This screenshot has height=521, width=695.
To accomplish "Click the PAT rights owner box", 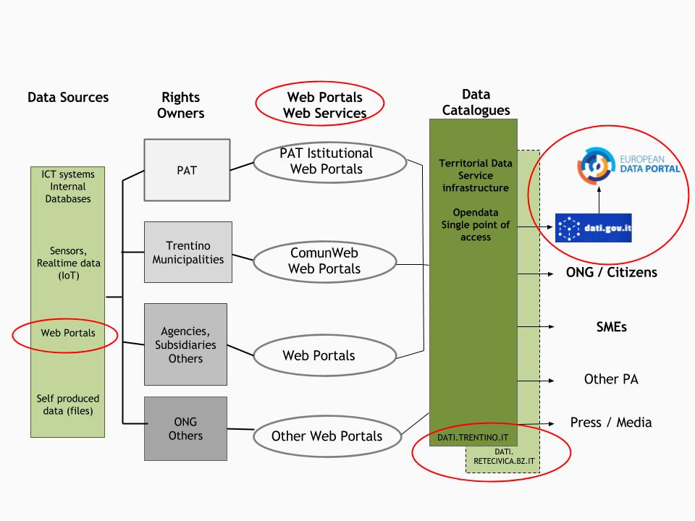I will (188, 170).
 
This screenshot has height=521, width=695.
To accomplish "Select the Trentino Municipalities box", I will (188, 252).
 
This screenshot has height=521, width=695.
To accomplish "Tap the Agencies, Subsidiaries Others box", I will (185, 344).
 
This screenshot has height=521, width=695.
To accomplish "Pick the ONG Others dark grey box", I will (185, 428).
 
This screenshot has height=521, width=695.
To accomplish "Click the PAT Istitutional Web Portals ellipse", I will (326, 161).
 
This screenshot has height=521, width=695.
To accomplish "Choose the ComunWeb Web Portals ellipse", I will (324, 260).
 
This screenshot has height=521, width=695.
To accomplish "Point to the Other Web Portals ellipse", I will (326, 436).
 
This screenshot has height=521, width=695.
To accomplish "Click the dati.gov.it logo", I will (593, 228).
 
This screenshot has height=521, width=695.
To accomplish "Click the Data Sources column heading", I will (68, 97).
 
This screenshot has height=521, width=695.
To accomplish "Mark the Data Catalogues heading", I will (475, 102).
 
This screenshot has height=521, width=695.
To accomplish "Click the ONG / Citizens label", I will (612, 273).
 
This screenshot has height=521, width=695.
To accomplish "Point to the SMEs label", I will (606, 327).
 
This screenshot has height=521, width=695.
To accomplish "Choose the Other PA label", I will (610, 379).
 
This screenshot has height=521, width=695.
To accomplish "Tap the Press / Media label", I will (611, 423).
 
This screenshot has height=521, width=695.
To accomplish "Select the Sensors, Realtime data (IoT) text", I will (69, 263).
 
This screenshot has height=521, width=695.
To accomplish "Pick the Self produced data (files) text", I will (68, 405).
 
